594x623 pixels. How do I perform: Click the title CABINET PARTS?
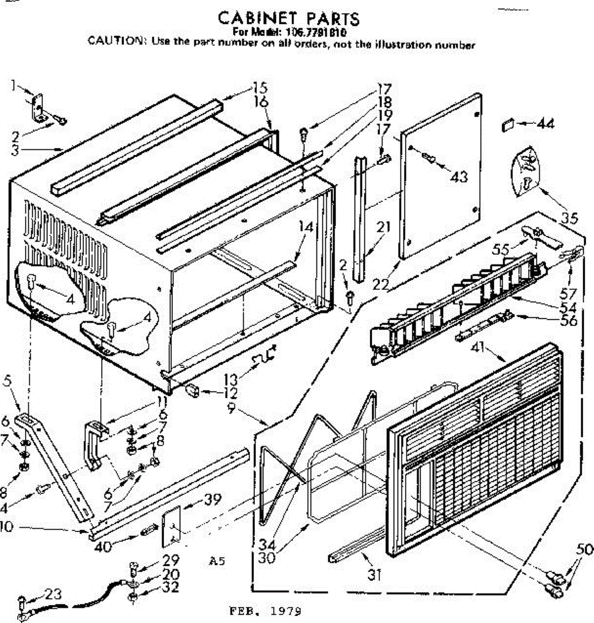click(289, 19)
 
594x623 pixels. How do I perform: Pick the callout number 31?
click(374, 575)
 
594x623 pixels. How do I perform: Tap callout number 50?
click(584, 549)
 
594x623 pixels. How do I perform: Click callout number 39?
click(211, 500)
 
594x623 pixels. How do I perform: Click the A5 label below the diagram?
click(218, 561)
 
